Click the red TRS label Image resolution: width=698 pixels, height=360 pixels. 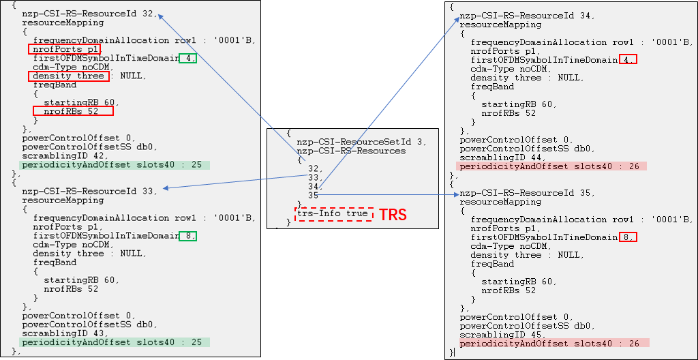[x=393, y=215]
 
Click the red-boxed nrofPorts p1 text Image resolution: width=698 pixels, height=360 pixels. [x=65, y=49]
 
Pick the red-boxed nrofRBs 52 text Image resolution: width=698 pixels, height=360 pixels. [x=73, y=111]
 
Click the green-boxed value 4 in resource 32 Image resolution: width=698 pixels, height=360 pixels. [x=188, y=58]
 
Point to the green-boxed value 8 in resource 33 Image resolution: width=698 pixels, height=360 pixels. [x=188, y=236]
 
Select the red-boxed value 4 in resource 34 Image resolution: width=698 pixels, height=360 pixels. [x=628, y=60]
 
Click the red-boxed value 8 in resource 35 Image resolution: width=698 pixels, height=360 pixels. [x=628, y=237]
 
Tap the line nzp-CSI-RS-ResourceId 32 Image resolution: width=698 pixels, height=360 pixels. [x=89, y=13]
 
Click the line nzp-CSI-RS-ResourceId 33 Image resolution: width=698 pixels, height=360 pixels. [x=89, y=191]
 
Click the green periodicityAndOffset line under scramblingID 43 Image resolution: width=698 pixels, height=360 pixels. [x=115, y=342]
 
